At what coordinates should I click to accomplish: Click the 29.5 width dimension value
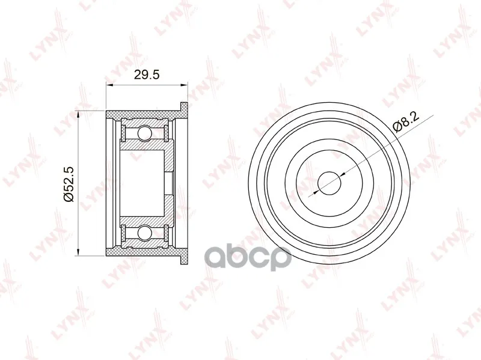point(147,75)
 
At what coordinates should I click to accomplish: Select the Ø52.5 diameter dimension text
point(69,184)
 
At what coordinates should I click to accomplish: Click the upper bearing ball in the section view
point(144,133)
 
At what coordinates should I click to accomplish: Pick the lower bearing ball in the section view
point(144,233)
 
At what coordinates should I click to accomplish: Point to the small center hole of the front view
point(329,183)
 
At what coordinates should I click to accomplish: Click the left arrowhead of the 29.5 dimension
point(109,85)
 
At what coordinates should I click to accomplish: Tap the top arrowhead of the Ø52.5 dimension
point(79,115)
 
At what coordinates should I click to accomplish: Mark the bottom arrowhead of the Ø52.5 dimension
point(79,251)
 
